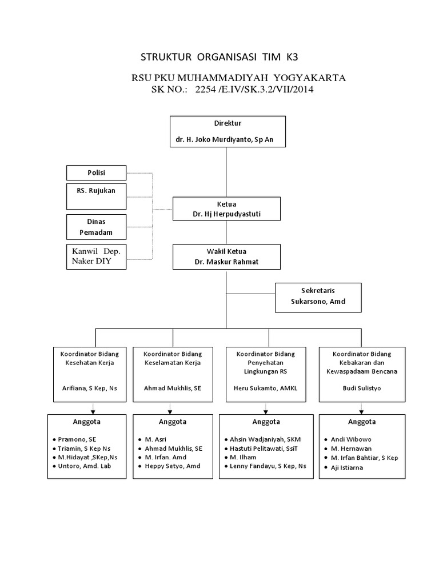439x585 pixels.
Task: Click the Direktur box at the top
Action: tap(227, 131)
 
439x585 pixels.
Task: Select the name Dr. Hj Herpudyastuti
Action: tap(226, 214)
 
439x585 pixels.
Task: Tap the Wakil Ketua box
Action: tap(226, 257)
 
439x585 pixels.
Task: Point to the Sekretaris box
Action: tap(318, 297)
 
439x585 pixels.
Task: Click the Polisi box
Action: tap(96, 172)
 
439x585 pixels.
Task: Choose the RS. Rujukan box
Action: tap(96, 195)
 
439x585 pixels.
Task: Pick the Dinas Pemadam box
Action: tap(96, 227)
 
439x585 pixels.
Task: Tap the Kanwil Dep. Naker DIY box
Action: tap(96, 257)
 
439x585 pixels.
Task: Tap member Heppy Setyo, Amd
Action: tap(169, 466)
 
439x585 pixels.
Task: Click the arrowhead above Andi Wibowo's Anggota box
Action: tap(361, 410)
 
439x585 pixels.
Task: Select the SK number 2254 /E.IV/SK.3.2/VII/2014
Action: tap(254, 90)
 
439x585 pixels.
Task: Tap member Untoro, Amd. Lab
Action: tap(84, 466)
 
